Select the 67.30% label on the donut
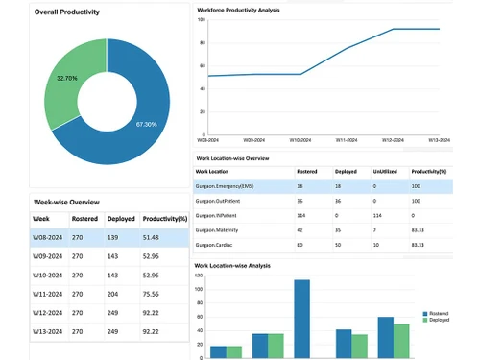pyautogui.click(x=146, y=124)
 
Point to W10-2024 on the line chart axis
pyautogui.click(x=300, y=140)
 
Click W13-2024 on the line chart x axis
pyautogui.click(x=439, y=140)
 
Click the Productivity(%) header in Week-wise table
pyautogui.click(x=164, y=219)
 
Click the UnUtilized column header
pyautogui.click(x=386, y=172)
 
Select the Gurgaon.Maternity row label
pyautogui.click(x=219, y=230)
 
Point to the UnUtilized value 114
pyautogui.click(x=376, y=216)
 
